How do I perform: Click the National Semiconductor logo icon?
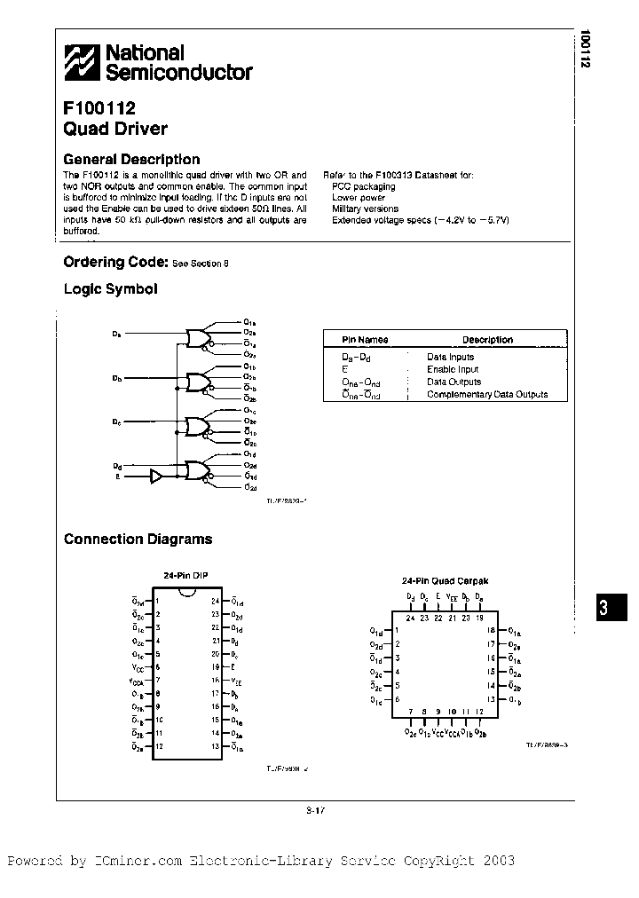[83, 62]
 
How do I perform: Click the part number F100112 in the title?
[99, 109]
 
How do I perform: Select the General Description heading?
[131, 159]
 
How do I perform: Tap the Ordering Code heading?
[115, 262]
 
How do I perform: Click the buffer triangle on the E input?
[156, 477]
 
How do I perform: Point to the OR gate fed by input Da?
[196, 337]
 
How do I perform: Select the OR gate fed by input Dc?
[196, 426]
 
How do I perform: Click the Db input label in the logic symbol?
[116, 379]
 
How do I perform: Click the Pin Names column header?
[365, 340]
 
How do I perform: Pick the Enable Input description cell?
[452, 369]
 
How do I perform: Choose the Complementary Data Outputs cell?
[486, 394]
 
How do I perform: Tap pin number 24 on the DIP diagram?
[215, 601]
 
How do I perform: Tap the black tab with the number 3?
[603, 610]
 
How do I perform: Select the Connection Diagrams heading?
[138, 539]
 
